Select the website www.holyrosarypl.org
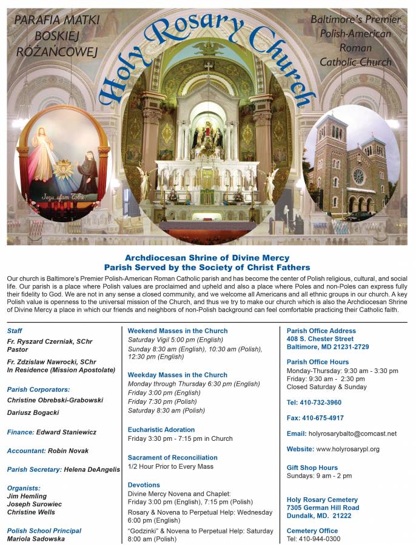pos(347,449)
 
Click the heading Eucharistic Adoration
pos(161,429)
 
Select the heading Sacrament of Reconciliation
pos(172,457)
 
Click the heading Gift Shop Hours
pos(312,467)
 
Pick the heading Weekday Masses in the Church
pos(177,375)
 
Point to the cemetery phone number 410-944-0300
pos(321,538)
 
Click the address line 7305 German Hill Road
pos(323,507)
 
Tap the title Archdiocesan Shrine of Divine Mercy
pos(207,258)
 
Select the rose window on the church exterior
pos(358,176)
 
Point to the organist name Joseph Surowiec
pos(34,504)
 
